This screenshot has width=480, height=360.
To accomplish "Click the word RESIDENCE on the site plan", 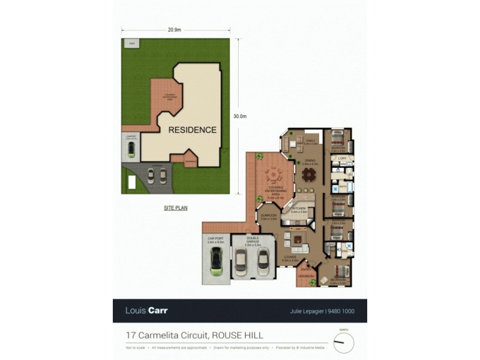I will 192,130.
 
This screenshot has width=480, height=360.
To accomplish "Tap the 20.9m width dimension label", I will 175,29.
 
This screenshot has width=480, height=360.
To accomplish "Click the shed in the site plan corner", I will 130,44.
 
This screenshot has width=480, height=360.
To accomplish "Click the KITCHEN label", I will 299,208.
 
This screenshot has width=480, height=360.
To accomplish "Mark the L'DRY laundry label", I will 343,158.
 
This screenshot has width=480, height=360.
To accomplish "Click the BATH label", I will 343,187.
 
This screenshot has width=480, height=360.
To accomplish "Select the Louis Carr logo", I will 146,311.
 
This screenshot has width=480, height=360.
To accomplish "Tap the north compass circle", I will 343,343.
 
